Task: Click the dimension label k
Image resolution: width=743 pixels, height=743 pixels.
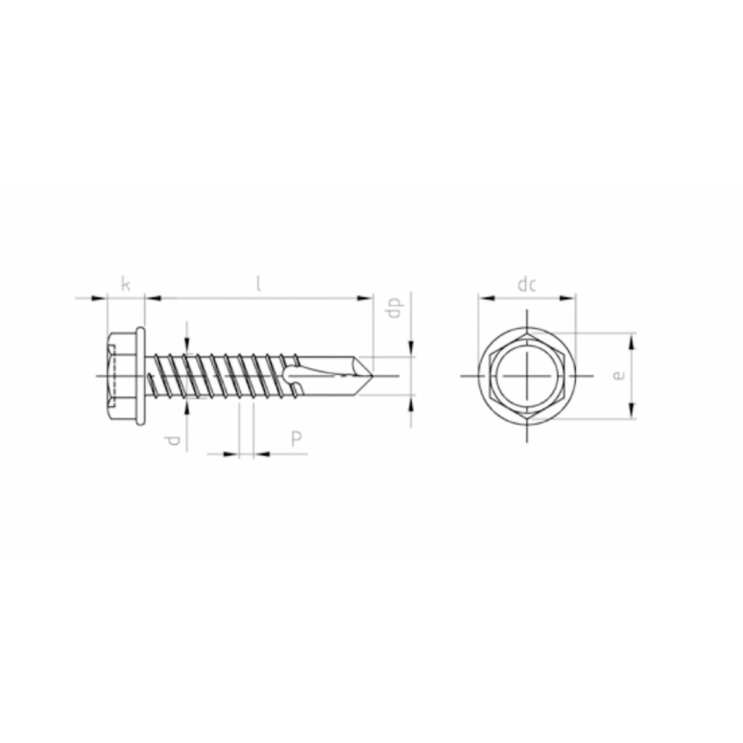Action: tap(126, 285)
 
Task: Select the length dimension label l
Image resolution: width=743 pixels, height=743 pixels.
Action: tap(258, 285)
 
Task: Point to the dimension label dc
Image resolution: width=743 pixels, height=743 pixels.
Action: tap(527, 285)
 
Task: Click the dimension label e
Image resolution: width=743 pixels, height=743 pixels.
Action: tap(619, 375)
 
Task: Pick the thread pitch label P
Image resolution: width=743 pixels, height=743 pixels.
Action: tap(296, 439)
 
